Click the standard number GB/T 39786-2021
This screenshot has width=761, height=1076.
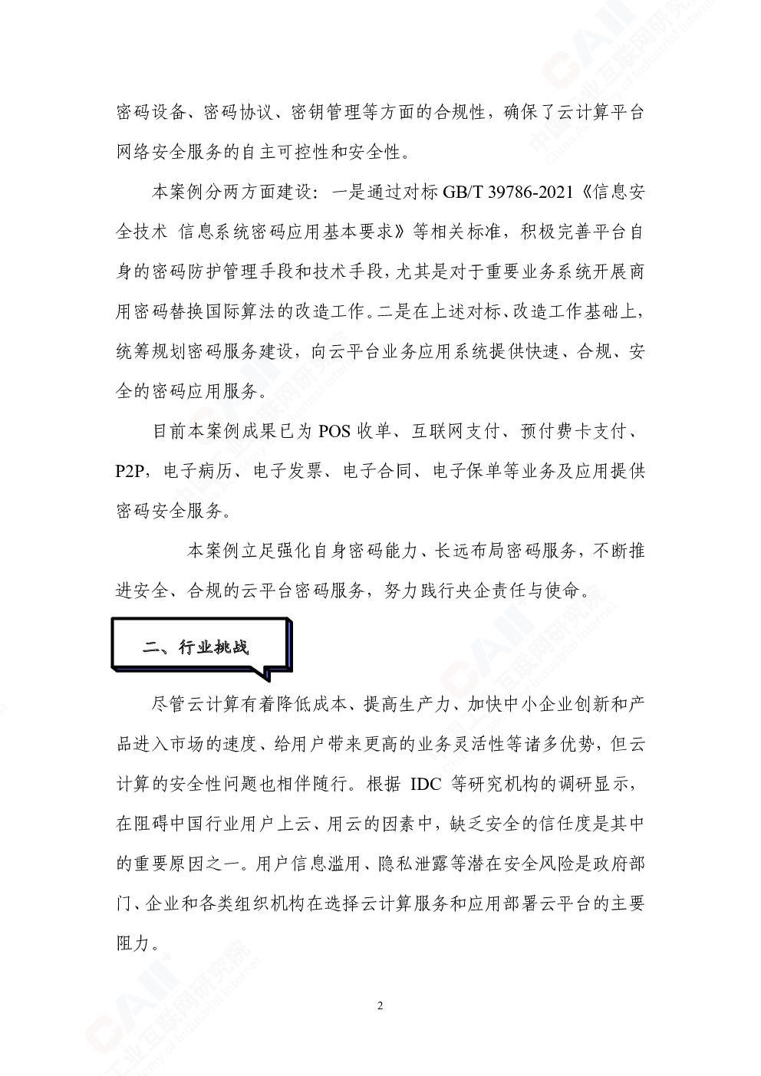pyautogui.click(x=508, y=192)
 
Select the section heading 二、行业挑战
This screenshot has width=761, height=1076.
pyautogui.click(x=195, y=647)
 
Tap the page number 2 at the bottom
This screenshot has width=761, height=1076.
pyautogui.click(x=380, y=1005)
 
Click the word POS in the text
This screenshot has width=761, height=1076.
pyautogui.click(x=334, y=431)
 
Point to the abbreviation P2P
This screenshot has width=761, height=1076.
pyautogui.click(x=130, y=471)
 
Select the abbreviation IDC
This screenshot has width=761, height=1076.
pyautogui.click(x=426, y=784)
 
